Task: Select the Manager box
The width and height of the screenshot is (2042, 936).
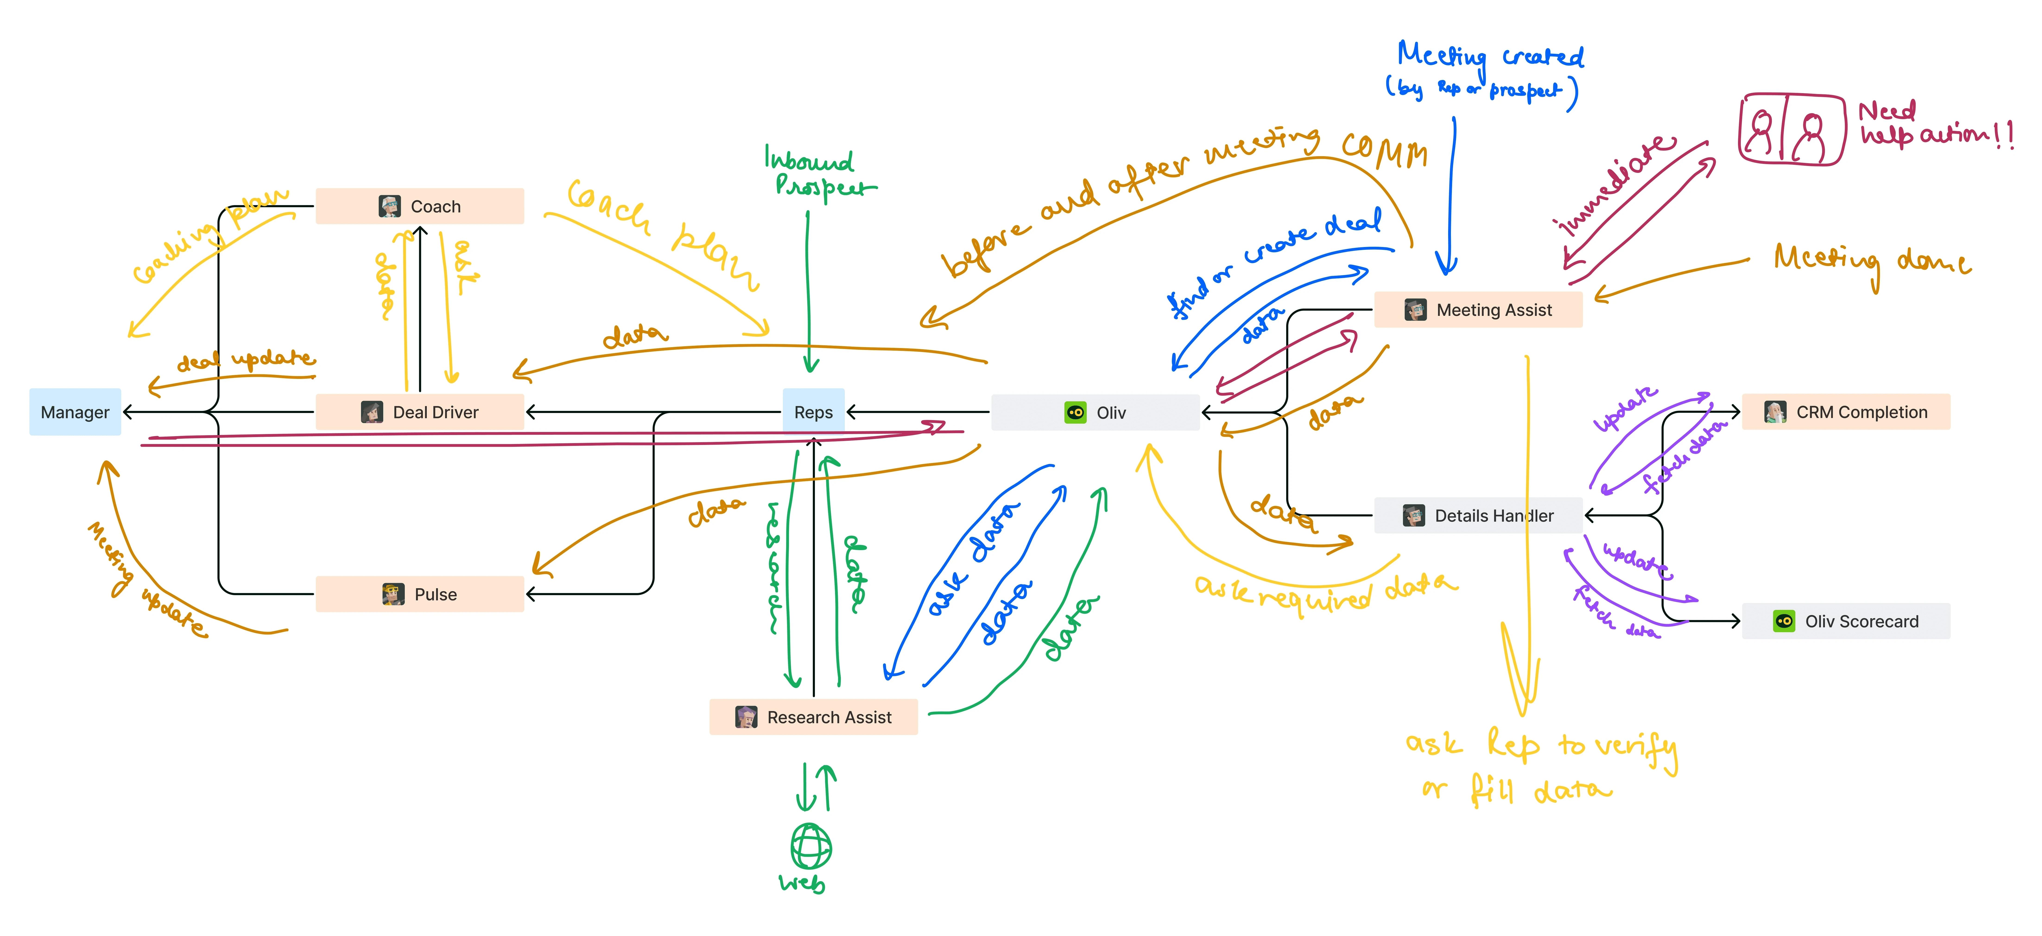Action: click(75, 412)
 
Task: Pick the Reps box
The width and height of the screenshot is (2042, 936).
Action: click(813, 412)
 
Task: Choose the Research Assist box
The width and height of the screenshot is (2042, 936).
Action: click(813, 717)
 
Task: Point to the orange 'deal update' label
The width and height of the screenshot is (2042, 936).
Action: click(246, 361)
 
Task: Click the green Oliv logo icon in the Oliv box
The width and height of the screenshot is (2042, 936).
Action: click(1075, 412)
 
